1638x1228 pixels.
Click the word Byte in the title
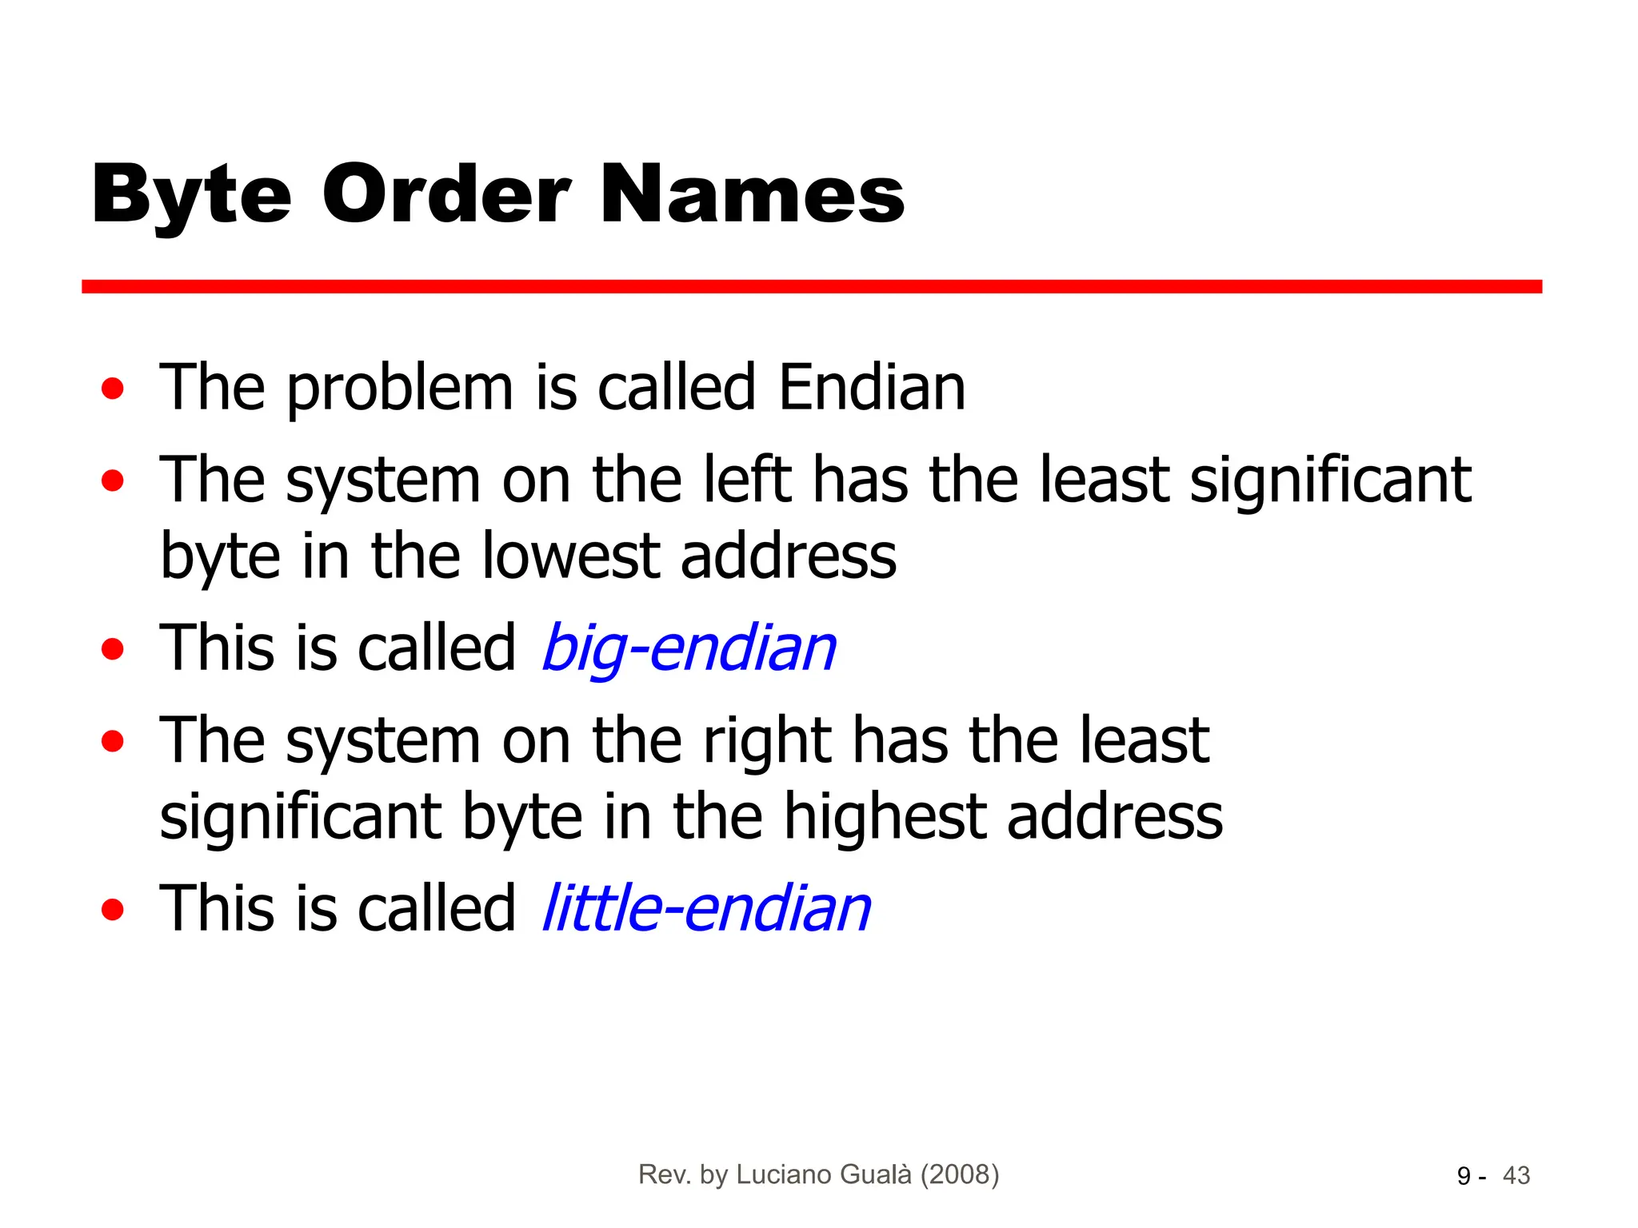[191, 196]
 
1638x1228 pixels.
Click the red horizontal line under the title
[811, 286]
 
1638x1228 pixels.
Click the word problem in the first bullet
[400, 389]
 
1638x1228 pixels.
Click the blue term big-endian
[689, 648]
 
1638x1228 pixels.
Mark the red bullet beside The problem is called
[113, 389]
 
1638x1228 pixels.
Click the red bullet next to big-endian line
[113, 648]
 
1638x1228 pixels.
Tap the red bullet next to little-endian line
[113, 909]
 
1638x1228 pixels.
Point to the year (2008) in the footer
[959, 1174]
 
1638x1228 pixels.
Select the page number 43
[1516, 1176]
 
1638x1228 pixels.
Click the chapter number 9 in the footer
[1464, 1176]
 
